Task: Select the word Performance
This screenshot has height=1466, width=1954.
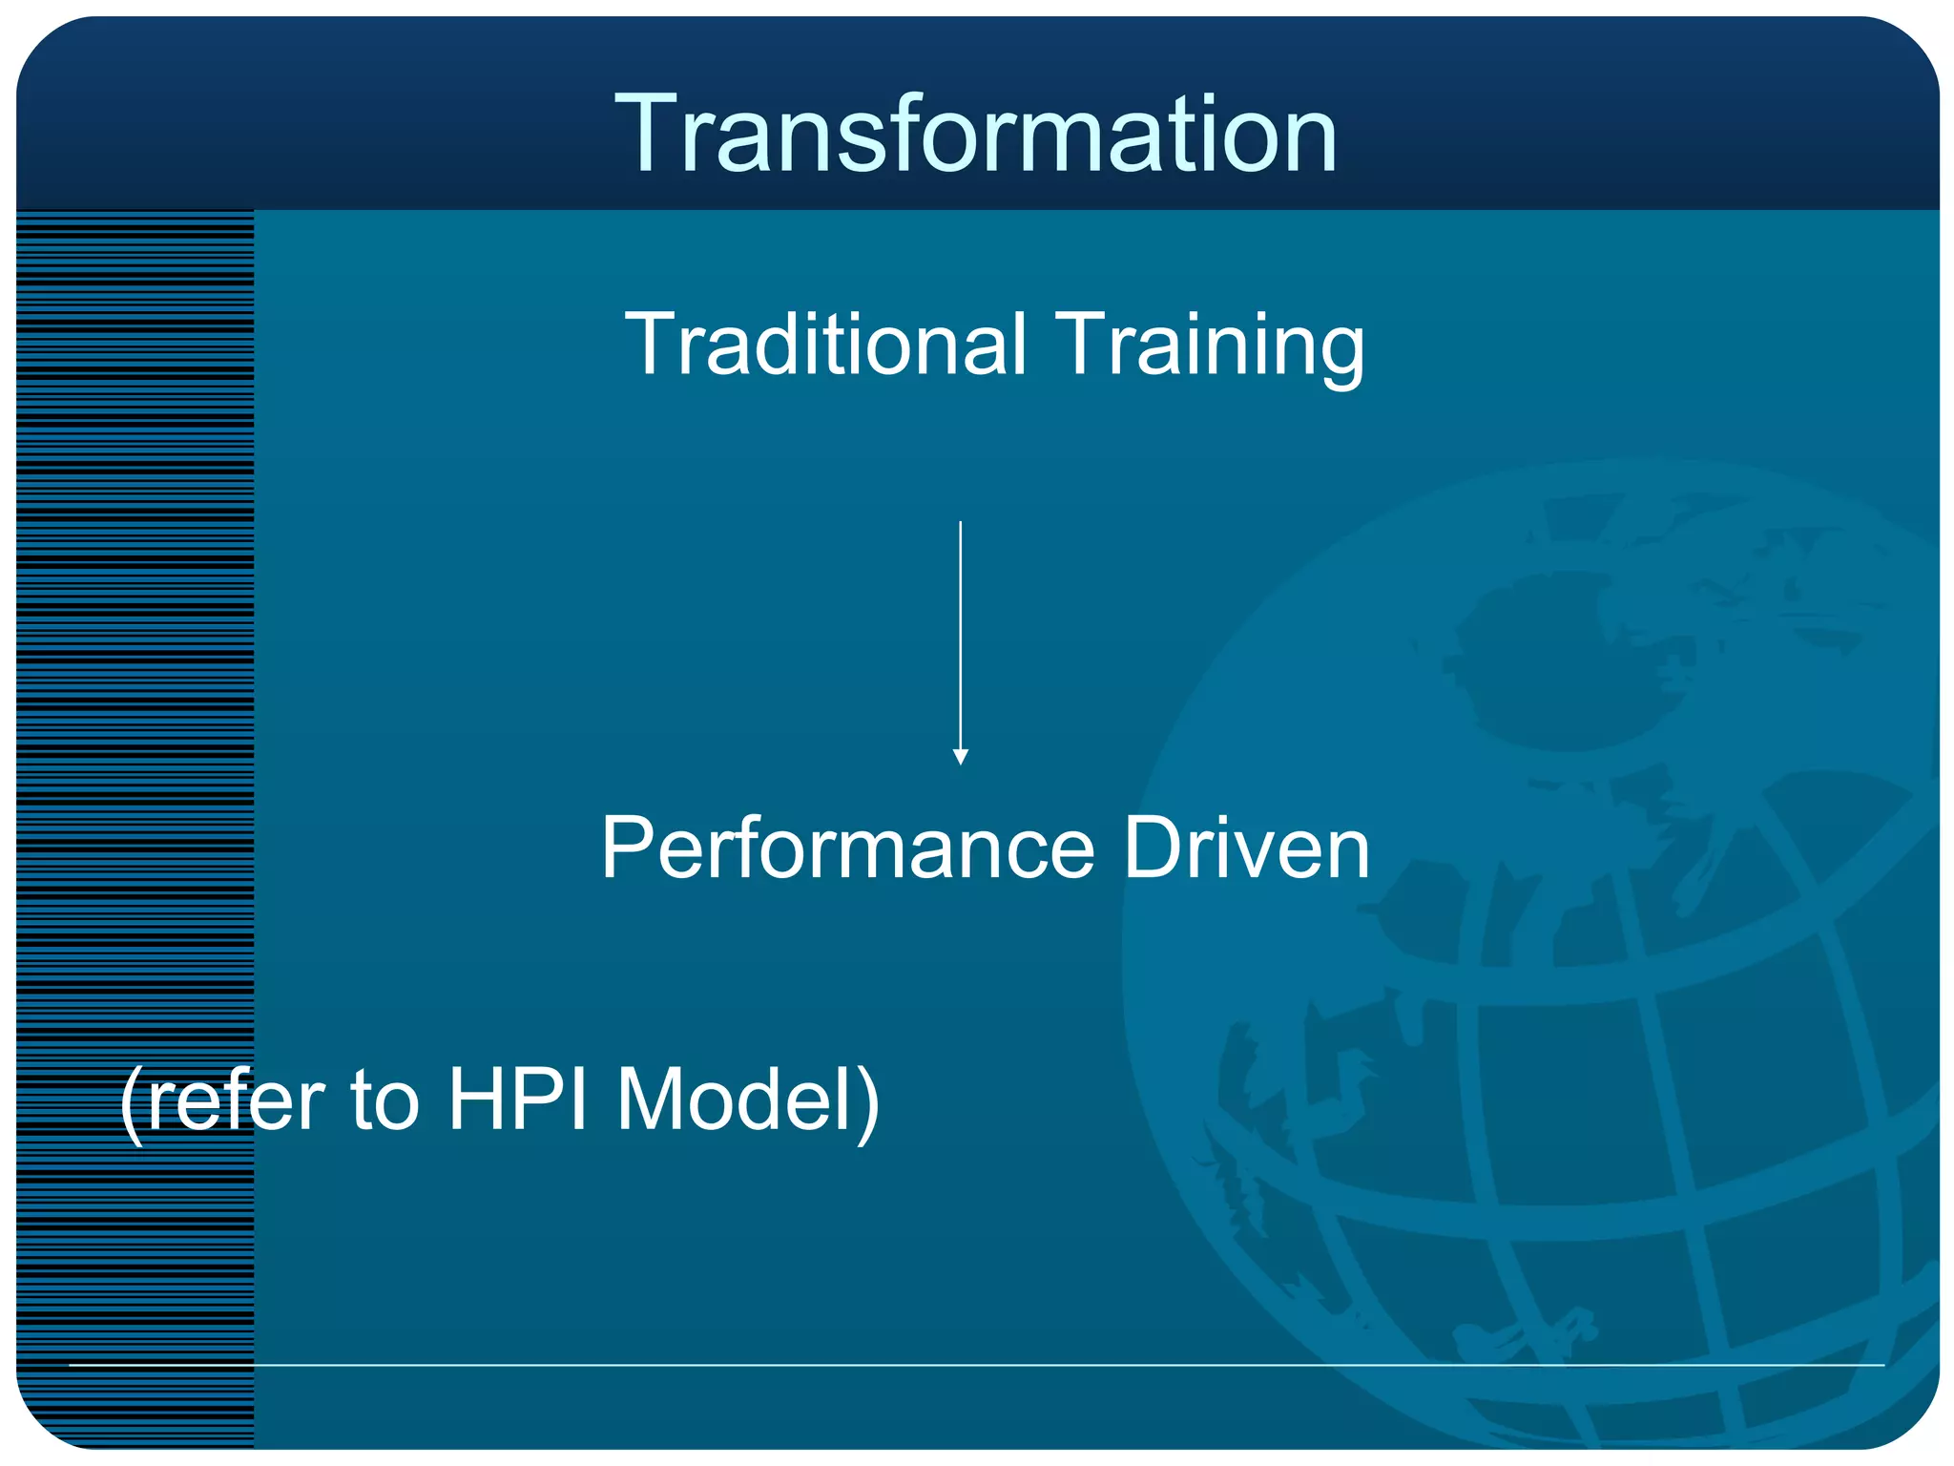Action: [847, 848]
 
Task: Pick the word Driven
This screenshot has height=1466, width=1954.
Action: [1246, 848]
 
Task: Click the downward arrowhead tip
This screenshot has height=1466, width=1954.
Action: [961, 761]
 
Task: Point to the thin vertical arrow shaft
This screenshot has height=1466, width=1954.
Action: [961, 630]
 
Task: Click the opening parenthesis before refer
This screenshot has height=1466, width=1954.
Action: [132, 1103]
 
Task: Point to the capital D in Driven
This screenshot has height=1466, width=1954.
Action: [1154, 848]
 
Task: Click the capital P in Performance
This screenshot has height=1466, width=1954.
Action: [630, 848]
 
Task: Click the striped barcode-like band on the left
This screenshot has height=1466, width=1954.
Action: [134, 764]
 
